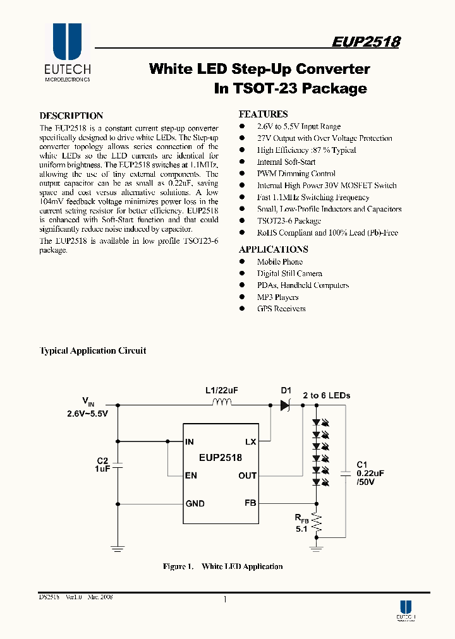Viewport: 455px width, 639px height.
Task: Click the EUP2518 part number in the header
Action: (x=366, y=42)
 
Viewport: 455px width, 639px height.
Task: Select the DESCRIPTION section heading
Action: (x=71, y=116)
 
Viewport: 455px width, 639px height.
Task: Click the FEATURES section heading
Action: (x=263, y=114)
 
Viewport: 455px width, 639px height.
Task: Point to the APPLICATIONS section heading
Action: (x=274, y=249)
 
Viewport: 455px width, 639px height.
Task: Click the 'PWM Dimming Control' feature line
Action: (x=296, y=174)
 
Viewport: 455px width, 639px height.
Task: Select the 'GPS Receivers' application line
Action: (x=281, y=309)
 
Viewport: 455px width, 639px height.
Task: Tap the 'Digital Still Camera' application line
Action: (x=289, y=273)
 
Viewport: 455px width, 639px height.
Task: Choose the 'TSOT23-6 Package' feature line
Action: (x=289, y=221)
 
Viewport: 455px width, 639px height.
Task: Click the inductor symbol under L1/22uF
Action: (x=221, y=404)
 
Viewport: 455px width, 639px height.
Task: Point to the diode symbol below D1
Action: (x=285, y=405)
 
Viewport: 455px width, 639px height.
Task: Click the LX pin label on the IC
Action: (x=250, y=442)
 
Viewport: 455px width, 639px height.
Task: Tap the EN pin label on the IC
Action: (x=190, y=475)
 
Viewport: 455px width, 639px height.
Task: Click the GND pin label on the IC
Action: (x=195, y=503)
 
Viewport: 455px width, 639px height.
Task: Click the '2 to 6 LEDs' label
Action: (x=326, y=395)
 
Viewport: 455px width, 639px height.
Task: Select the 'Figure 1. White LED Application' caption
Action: (x=222, y=566)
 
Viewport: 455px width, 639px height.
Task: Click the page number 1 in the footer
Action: (x=225, y=600)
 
